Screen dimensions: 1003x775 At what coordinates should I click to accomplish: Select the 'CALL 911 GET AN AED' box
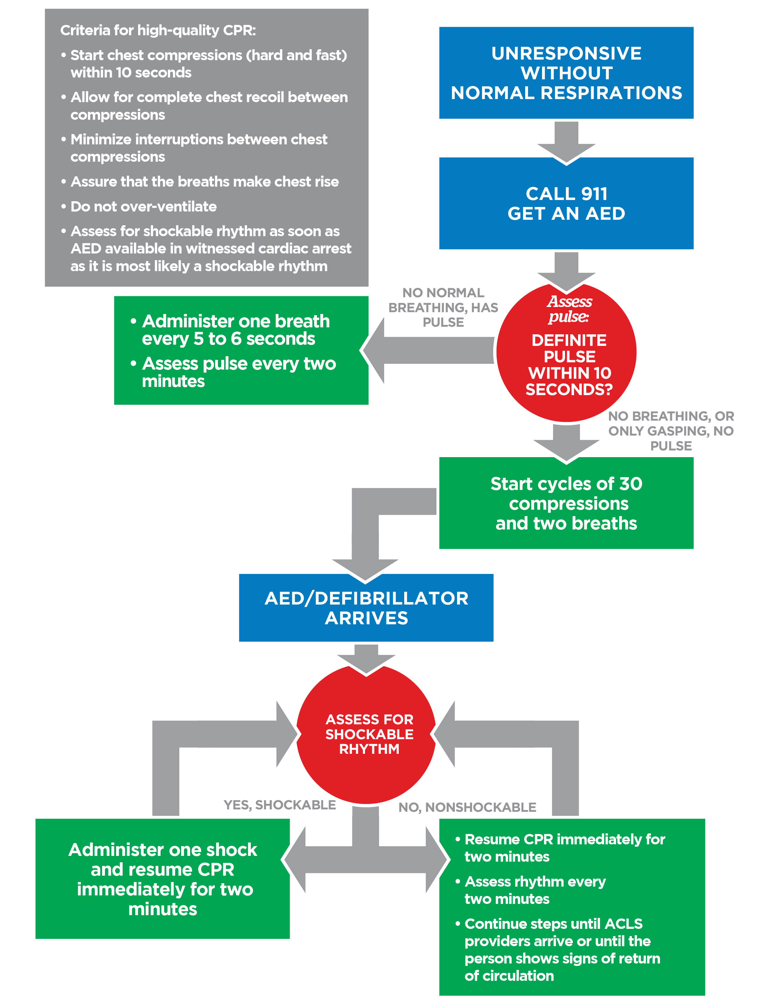click(566, 203)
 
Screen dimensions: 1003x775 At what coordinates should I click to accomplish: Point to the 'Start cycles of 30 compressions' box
click(566, 503)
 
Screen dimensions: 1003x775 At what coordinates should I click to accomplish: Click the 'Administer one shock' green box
click(163, 879)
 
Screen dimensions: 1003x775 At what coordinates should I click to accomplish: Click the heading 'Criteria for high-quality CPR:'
click(158, 30)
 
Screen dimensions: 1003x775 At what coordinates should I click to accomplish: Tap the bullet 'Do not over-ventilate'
click(143, 207)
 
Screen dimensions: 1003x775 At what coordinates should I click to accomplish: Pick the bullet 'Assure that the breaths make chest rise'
click(204, 182)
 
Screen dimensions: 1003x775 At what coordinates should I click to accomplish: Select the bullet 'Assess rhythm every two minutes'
click(535, 890)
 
